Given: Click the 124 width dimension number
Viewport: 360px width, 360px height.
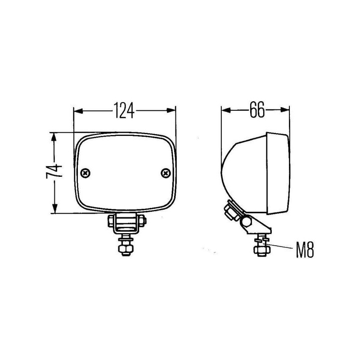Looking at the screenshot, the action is (x=124, y=110).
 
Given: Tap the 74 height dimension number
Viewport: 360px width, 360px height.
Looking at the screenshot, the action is (x=54, y=171).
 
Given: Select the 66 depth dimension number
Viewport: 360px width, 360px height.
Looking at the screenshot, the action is (x=257, y=109).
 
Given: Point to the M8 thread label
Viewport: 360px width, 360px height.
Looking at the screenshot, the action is (x=305, y=250).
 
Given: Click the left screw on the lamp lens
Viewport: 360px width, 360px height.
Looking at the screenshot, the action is (x=85, y=173).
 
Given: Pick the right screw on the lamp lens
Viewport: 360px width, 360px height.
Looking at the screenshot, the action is (x=166, y=173).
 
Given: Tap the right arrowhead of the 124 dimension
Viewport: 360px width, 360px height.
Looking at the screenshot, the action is (x=171, y=110).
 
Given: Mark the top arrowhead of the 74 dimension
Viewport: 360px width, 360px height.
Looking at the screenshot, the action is (x=54, y=137).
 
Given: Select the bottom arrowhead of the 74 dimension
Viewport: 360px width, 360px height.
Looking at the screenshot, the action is (x=54, y=209).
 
